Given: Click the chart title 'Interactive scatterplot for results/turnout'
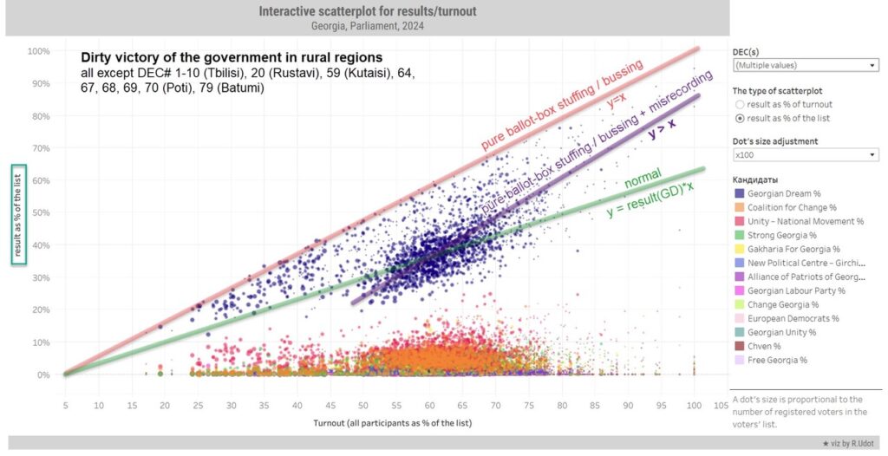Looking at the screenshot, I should click(x=367, y=11).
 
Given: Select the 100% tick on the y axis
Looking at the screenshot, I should click(x=37, y=51).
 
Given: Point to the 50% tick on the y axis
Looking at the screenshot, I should click(x=39, y=212).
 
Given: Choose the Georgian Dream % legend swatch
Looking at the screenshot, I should click(x=739, y=193).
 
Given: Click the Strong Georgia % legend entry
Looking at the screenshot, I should click(x=781, y=235).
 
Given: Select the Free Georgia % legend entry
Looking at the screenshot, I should click(x=776, y=360).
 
